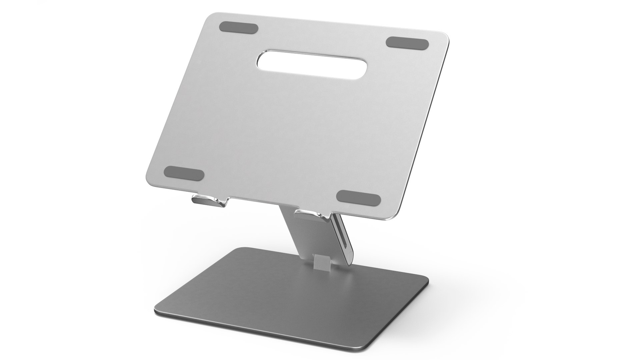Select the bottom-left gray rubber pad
184,174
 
